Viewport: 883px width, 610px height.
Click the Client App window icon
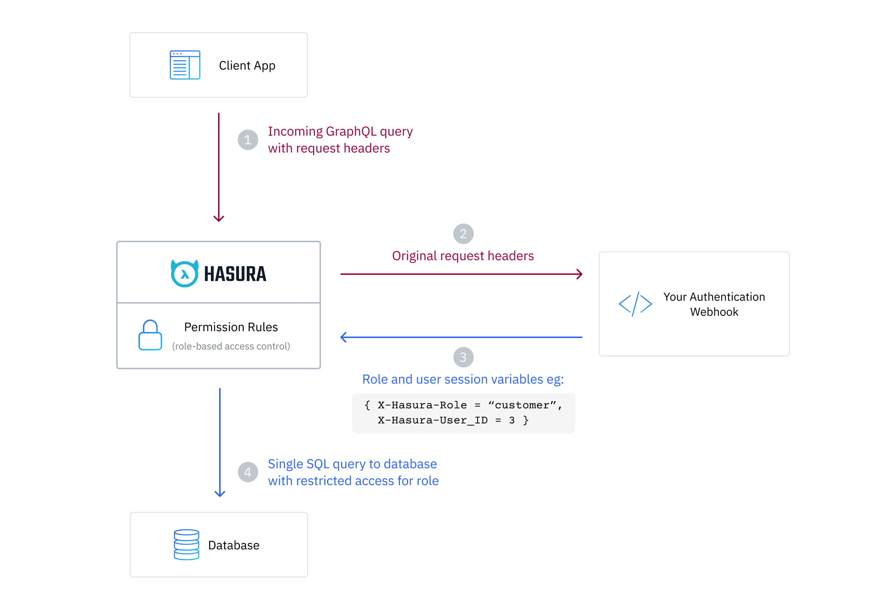pos(185,65)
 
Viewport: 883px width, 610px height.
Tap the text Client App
pos(247,65)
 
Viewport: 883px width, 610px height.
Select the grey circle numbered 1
pos(247,140)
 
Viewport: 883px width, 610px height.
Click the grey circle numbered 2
pos(463,234)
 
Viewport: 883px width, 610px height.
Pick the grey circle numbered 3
pos(463,357)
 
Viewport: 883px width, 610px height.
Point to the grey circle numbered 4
pos(247,472)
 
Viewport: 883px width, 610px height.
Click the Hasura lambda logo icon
pos(184,273)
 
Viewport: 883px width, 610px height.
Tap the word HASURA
pos(235,274)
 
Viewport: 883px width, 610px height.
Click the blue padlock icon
pos(150,335)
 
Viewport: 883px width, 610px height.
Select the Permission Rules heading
pos(231,327)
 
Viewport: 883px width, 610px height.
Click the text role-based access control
pos(231,346)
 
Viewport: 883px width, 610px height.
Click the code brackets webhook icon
pos(635,304)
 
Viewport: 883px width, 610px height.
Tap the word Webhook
pos(714,312)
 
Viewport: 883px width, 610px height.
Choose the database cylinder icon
pos(186,545)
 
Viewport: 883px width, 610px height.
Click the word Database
pos(233,545)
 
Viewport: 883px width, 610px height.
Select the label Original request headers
pos(463,256)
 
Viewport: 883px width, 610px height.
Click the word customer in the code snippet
pos(522,405)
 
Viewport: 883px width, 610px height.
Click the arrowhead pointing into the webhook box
pos(580,274)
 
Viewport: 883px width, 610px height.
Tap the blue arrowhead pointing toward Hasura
pos(343,337)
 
